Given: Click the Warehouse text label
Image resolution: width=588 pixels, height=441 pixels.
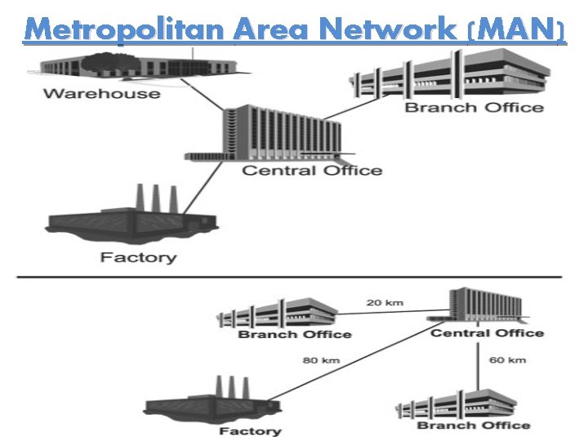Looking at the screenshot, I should click(102, 93).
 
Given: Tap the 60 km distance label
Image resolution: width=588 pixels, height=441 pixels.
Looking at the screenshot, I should click(507, 359).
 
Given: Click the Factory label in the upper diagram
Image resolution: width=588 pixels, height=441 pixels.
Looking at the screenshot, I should click(138, 258).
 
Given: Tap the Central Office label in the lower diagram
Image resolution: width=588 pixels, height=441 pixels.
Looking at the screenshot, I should click(487, 332).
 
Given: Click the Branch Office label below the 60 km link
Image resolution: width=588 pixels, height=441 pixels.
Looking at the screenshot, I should click(474, 425).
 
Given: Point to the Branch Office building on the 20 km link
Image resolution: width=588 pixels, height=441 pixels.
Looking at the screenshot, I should click(278, 313).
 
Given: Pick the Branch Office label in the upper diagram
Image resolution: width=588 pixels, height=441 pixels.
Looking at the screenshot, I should click(474, 107).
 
